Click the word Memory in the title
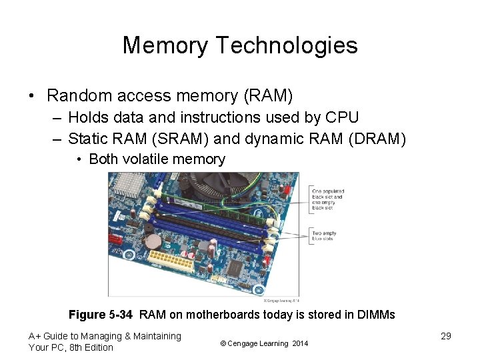[165, 45]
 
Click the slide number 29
[446, 336]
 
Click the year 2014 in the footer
[300, 343]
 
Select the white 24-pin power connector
[171, 261]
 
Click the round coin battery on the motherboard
[154, 241]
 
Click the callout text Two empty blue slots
[325, 236]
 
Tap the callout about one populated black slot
[327, 199]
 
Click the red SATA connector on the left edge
[114, 239]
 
